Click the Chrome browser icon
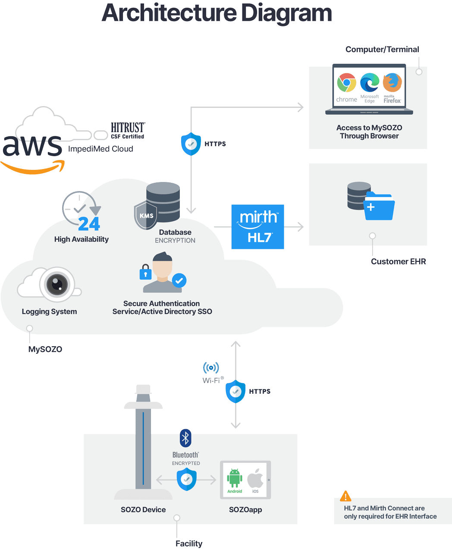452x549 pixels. pyautogui.click(x=346, y=83)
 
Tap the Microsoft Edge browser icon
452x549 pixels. pyautogui.click(x=370, y=82)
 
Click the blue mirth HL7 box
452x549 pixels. pyautogui.click(x=257, y=227)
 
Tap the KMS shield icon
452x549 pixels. pyautogui.click(x=146, y=215)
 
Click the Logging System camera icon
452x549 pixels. pyautogui.click(x=57, y=284)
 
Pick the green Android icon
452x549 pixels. pyautogui.click(x=235, y=478)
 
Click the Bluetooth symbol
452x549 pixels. pyautogui.click(x=185, y=438)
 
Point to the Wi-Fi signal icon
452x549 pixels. pyautogui.click(x=211, y=368)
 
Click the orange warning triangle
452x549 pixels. pyautogui.click(x=345, y=496)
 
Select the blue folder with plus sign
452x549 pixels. pyautogui.click(x=379, y=207)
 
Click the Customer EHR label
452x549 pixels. pyautogui.click(x=398, y=261)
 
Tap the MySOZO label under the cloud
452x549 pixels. pyautogui.click(x=45, y=349)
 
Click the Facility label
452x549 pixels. pyautogui.click(x=189, y=543)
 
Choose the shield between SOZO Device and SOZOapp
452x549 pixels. pyautogui.click(x=186, y=480)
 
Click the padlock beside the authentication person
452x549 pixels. pyautogui.click(x=145, y=273)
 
